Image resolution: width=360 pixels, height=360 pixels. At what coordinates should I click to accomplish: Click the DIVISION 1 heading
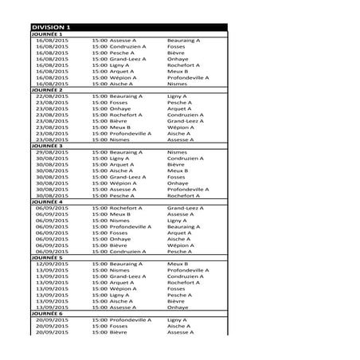tap(52, 27)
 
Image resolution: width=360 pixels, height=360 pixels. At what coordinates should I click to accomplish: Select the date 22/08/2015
tap(53, 96)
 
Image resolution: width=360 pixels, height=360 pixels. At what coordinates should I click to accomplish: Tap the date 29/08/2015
tap(53, 152)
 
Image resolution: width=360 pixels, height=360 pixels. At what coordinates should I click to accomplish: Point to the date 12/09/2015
tap(53, 264)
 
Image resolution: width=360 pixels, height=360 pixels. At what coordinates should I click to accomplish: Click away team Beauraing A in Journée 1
tap(184, 40)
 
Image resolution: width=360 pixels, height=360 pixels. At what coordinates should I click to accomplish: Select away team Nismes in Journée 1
tap(178, 84)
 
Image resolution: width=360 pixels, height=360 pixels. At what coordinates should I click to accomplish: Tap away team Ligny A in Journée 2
tap(177, 96)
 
